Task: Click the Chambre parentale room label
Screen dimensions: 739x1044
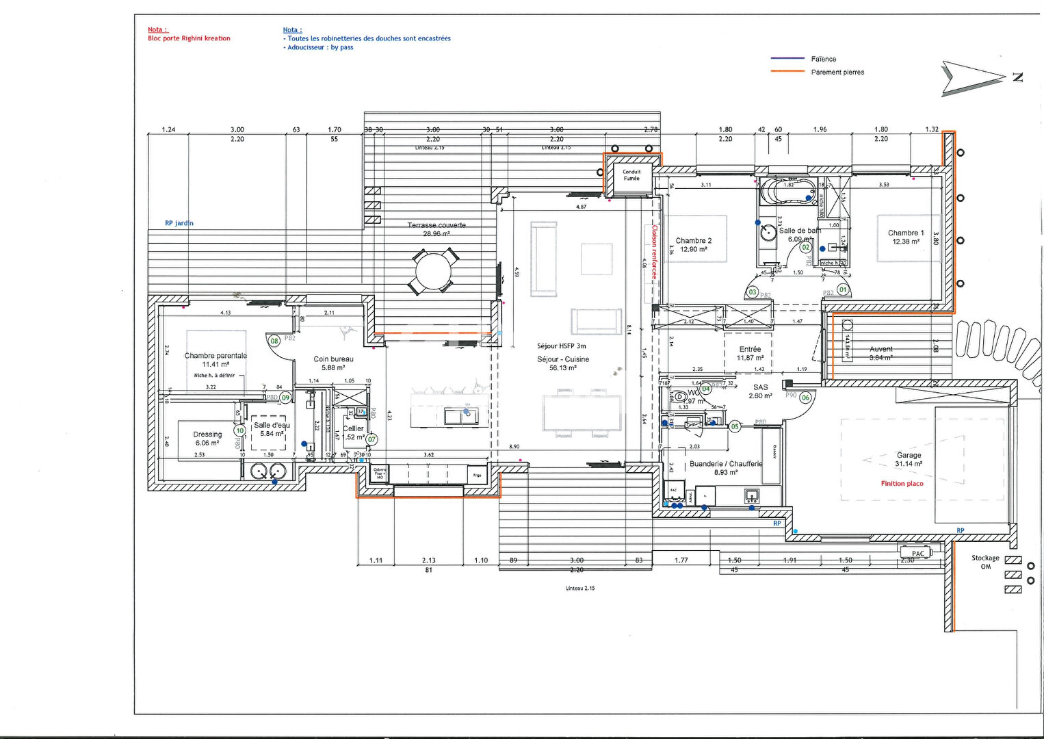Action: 216,356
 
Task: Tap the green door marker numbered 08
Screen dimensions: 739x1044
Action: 274,341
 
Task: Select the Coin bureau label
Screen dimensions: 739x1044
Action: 333,359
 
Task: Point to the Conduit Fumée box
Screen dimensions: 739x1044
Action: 631,175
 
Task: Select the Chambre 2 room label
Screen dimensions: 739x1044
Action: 694,241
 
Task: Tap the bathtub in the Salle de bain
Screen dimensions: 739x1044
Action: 788,193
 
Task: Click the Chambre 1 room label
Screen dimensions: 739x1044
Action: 906,233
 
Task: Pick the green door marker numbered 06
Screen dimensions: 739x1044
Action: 805,398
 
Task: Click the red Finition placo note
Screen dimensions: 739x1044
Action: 902,484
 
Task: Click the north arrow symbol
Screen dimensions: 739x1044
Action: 971,78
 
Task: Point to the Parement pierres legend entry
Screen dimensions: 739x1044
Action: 837,73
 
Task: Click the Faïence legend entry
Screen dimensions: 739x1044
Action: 823,60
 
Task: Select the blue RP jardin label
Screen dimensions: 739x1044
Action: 179,223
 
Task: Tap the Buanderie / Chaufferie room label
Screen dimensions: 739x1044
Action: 725,464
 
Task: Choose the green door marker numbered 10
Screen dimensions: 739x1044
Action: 239,431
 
